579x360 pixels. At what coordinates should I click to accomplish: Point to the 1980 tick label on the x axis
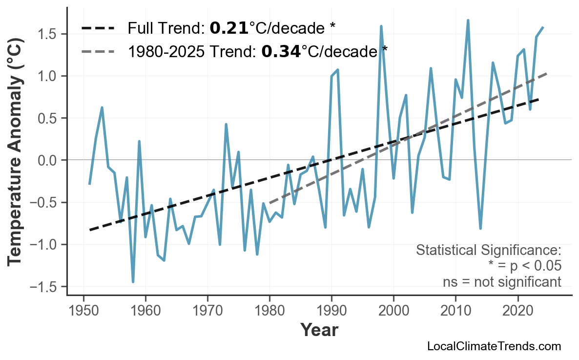point(269,311)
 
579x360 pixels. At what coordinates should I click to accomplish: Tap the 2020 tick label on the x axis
point(517,311)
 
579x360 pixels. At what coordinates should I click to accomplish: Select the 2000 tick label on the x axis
point(393,311)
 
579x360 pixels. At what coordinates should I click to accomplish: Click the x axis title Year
point(319,331)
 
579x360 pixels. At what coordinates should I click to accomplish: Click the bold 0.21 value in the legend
point(229,28)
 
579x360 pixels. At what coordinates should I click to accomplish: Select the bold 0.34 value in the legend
point(281,51)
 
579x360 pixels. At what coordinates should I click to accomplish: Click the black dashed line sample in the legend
point(98,28)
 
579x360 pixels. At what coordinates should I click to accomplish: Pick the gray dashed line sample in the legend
point(98,51)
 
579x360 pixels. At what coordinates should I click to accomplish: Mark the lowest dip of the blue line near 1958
point(133,282)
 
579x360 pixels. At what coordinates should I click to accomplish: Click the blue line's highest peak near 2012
point(468,21)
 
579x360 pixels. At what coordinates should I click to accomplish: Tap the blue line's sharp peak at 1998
point(381,26)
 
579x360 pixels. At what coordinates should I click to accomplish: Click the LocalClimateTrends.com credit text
point(494,346)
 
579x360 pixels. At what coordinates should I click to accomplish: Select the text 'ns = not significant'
point(502,282)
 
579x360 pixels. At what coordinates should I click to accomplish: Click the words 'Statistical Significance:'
point(488,251)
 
